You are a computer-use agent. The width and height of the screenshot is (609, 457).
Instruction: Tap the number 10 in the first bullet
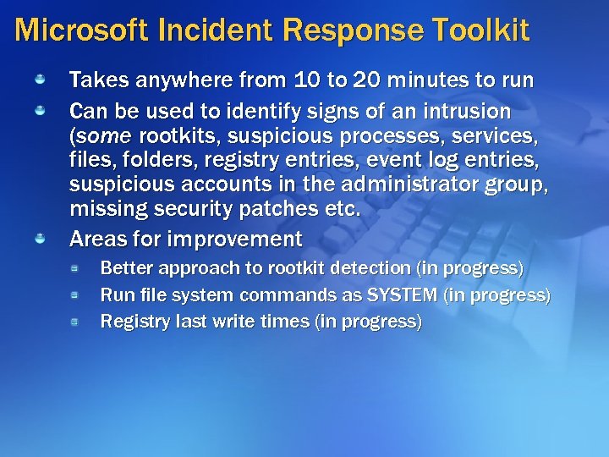[x=307, y=80]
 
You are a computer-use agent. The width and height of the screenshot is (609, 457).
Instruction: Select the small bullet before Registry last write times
[x=74, y=322]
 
